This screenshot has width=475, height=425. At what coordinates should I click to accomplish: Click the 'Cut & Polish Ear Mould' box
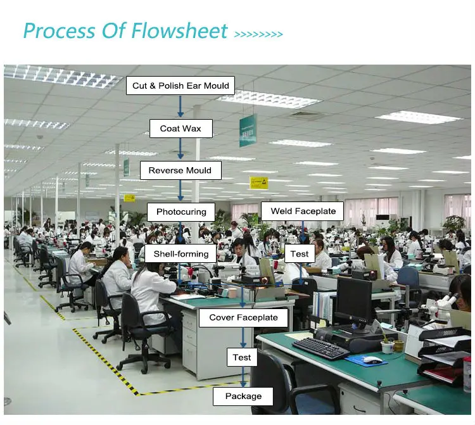pyautogui.click(x=180, y=86)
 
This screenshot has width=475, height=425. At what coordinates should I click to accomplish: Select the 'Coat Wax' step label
pyautogui.click(x=180, y=129)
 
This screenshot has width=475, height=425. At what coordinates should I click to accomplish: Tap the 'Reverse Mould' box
pyautogui.click(x=180, y=170)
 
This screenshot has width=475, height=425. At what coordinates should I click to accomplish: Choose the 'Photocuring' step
pyautogui.click(x=180, y=212)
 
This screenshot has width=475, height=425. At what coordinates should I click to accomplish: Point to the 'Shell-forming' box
pyautogui.click(x=180, y=254)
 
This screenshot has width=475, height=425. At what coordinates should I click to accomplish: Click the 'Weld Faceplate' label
pyautogui.click(x=303, y=211)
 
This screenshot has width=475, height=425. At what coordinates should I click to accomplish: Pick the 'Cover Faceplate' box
pyautogui.click(x=243, y=317)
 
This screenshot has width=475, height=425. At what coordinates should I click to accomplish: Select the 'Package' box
pyautogui.click(x=243, y=396)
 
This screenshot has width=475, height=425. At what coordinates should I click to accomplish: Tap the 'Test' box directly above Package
pyautogui.click(x=242, y=357)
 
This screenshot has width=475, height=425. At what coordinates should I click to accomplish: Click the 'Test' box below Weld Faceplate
pyautogui.click(x=300, y=254)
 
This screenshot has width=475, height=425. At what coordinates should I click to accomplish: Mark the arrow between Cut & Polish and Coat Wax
pyautogui.click(x=180, y=106)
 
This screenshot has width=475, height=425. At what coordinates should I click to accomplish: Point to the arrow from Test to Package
pyautogui.click(x=243, y=377)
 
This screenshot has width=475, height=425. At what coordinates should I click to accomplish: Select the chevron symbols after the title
pyautogui.click(x=258, y=34)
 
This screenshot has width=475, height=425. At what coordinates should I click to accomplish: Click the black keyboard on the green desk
pyautogui.click(x=321, y=348)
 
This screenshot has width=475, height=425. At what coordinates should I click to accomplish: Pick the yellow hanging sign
pyautogui.click(x=258, y=182)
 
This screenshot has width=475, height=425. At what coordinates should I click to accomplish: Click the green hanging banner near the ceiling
pyautogui.click(x=248, y=130)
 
